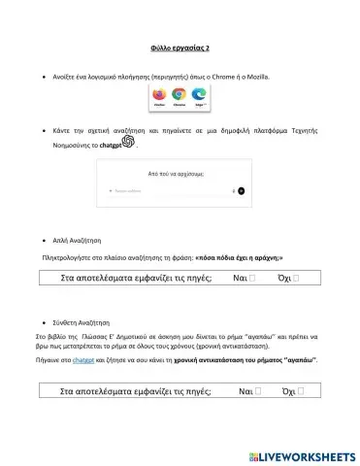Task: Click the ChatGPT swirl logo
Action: pyautogui.click(x=128, y=142)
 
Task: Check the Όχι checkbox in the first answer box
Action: pyautogui.click(x=296, y=279)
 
